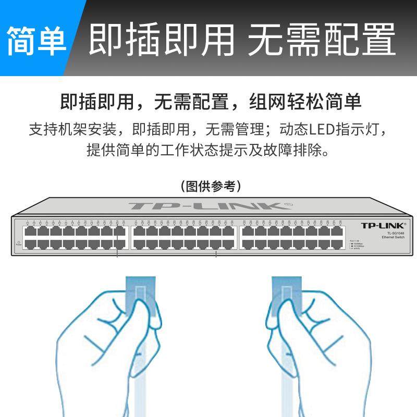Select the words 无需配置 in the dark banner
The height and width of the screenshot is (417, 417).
[x=321, y=39]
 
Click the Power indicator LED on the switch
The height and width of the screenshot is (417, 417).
[x=19, y=242]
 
